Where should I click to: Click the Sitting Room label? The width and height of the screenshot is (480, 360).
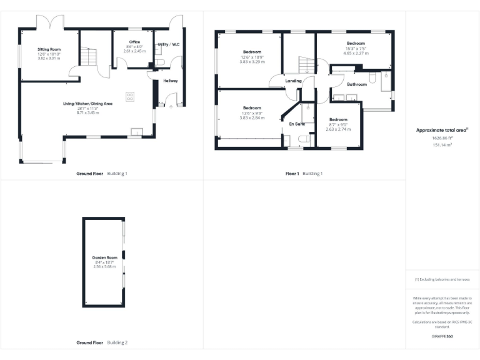(48, 48)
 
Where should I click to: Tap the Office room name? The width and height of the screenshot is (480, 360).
(134, 42)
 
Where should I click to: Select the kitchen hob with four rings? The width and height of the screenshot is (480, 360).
(130, 96)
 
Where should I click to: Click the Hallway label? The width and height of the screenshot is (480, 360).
(171, 81)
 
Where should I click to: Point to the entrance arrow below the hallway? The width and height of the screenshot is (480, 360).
(171, 107)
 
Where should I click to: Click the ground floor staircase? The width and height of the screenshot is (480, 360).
(90, 59)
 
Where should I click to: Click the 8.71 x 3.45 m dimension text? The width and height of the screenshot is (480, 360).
(87, 112)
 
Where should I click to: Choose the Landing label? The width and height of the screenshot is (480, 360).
(293, 81)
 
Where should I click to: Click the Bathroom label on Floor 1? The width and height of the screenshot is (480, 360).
(357, 84)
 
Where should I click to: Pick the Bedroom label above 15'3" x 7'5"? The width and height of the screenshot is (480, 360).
(356, 43)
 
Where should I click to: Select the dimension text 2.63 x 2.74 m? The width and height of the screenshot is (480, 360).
(338, 129)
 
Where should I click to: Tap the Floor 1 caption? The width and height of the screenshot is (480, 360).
(292, 173)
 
